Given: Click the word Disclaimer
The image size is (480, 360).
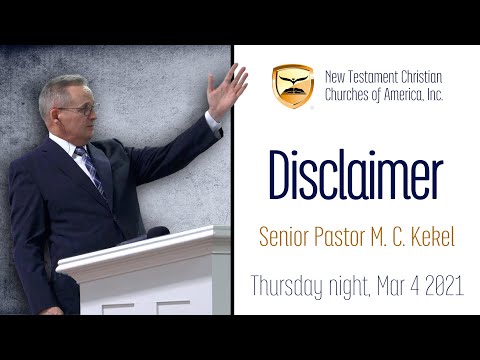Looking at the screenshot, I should point(355,177).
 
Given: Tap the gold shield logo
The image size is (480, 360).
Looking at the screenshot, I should point(293,86).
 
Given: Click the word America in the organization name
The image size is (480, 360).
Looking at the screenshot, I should point(409,94).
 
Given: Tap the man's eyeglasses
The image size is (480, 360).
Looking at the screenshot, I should point(80,106).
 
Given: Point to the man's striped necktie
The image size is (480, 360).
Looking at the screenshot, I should point(93,170).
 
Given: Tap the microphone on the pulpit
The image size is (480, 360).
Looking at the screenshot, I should point(156,232).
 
